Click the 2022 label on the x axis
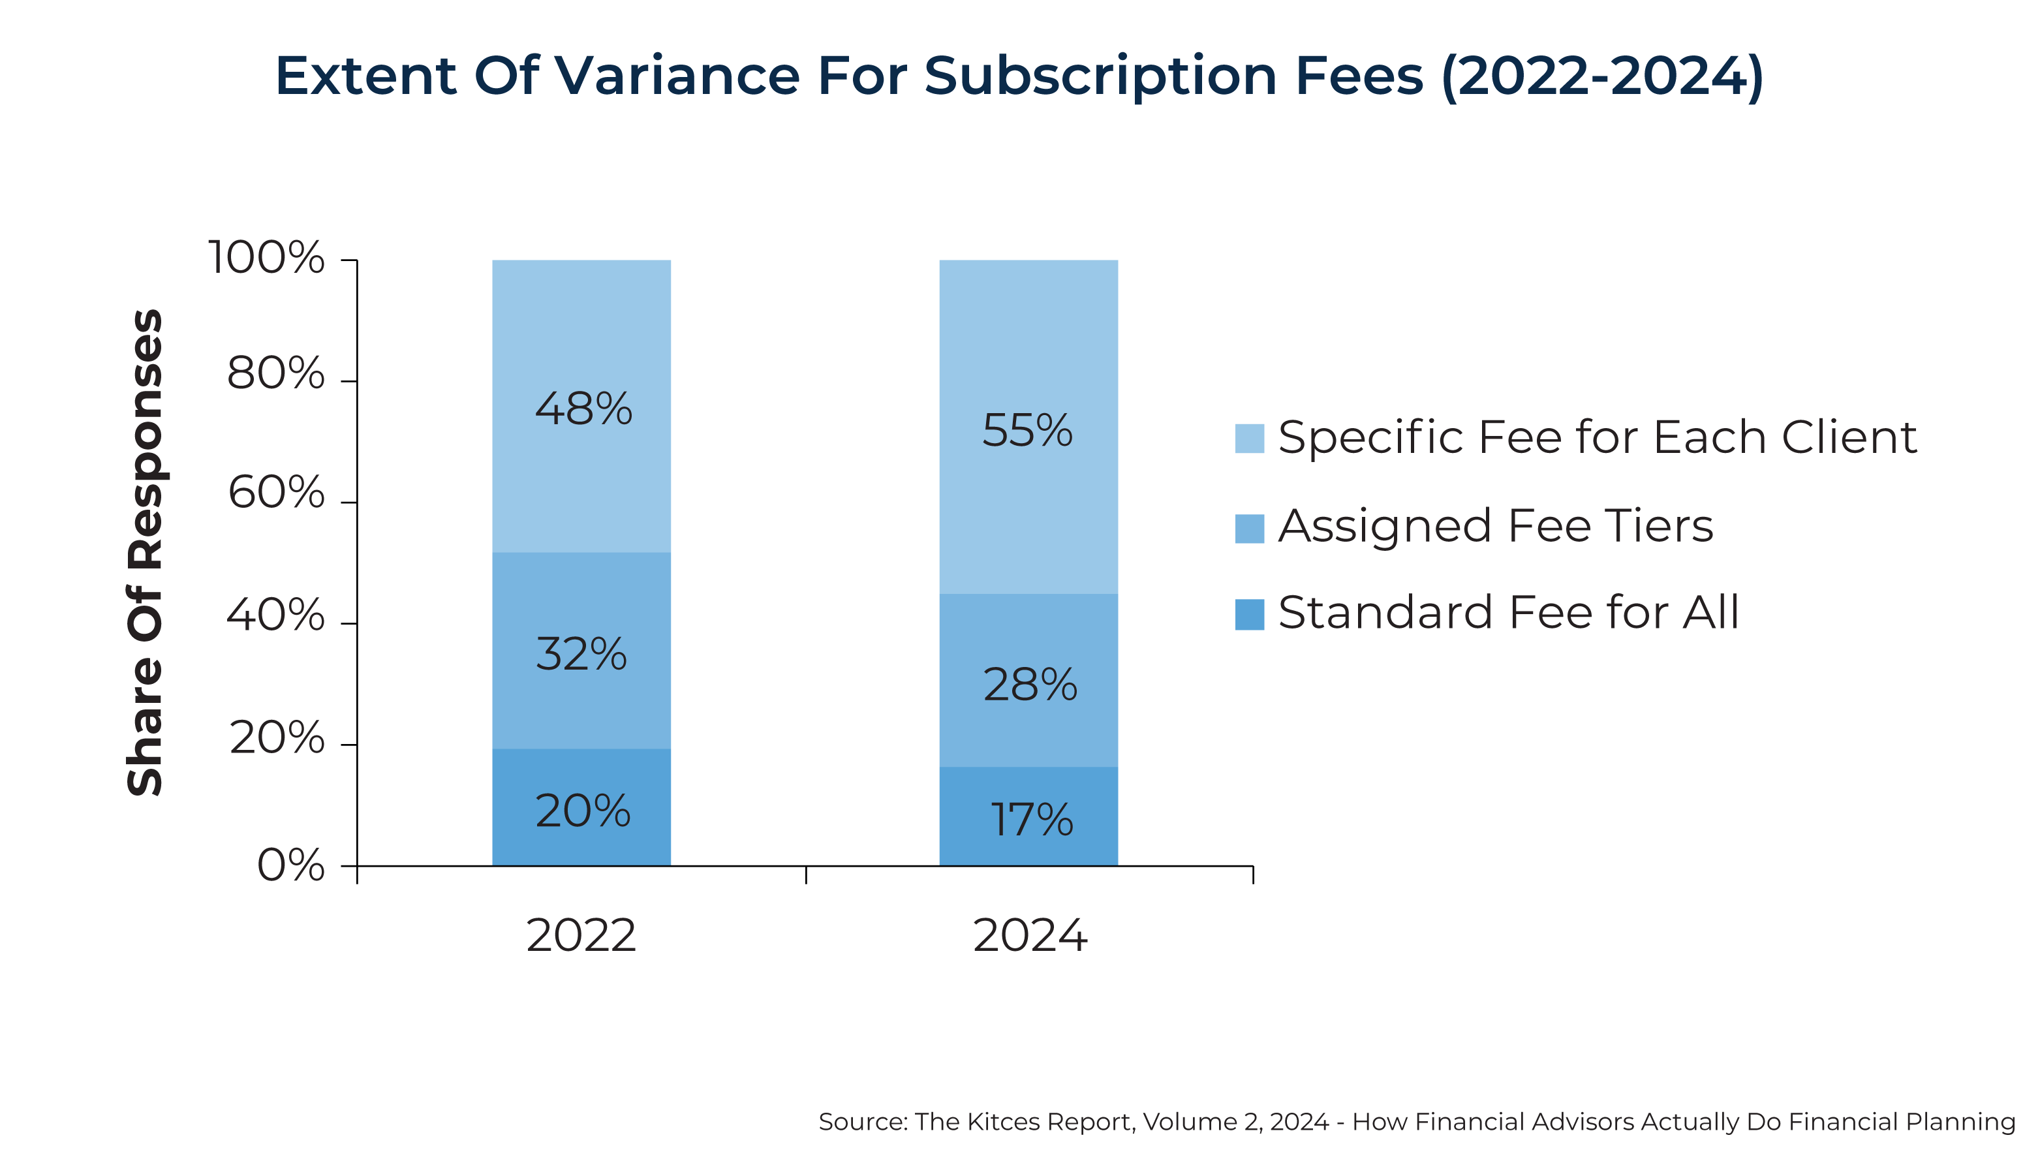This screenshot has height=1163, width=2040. point(581,935)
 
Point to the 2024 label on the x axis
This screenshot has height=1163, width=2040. point(1030,935)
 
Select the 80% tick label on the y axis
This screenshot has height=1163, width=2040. point(276,373)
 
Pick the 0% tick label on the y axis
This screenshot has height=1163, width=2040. point(290,865)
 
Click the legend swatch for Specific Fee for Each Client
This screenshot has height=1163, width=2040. point(1249,439)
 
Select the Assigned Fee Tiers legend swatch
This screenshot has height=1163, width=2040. point(1249,528)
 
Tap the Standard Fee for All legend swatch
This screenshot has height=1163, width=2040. point(1249,614)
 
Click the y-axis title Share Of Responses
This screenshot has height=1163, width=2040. point(146,552)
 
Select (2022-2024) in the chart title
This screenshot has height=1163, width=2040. point(1601,76)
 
